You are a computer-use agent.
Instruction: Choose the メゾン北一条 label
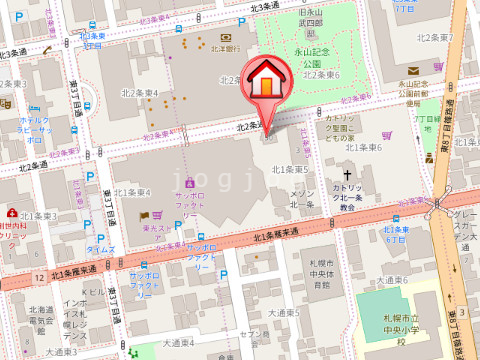(x=303, y=198)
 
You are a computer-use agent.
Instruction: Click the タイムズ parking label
(x=101, y=248)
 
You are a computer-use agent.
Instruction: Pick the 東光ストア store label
(x=160, y=229)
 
